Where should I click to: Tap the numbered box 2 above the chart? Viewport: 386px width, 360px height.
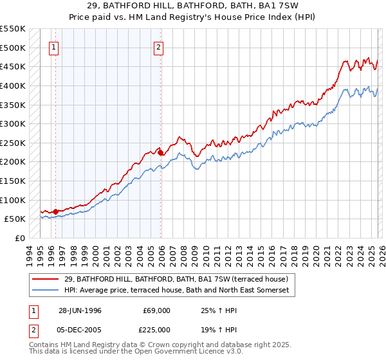click(158, 46)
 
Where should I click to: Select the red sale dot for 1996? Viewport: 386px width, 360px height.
click(56, 211)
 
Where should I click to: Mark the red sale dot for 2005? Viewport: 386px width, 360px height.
click(161, 152)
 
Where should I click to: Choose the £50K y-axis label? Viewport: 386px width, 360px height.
click(15, 219)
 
